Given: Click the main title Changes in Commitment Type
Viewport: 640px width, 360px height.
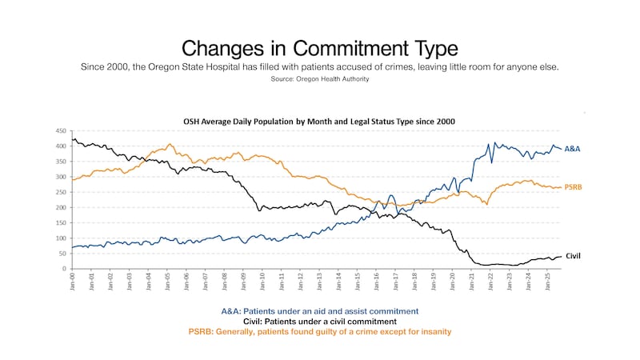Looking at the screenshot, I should pyautogui.click(x=320, y=46).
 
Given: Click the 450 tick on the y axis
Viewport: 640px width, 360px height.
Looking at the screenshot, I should pyautogui.click(x=62, y=130).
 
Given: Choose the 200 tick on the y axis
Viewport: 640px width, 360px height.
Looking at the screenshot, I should pyautogui.click(x=62, y=207).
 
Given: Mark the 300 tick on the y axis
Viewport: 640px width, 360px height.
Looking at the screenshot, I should pyautogui.click(x=62, y=177).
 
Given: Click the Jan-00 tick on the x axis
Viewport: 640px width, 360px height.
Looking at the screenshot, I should pyautogui.click(x=74, y=282).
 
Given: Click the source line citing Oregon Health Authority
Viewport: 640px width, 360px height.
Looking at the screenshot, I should pyautogui.click(x=320, y=78).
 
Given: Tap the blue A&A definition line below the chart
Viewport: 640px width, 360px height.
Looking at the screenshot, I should pyautogui.click(x=319, y=310).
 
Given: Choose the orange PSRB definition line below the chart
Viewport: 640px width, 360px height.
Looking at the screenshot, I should pyautogui.click(x=319, y=331).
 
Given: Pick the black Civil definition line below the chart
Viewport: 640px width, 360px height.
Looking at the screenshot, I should pyautogui.click(x=319, y=321).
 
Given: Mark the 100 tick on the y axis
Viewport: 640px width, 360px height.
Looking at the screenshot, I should pyautogui.click(x=62, y=238).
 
